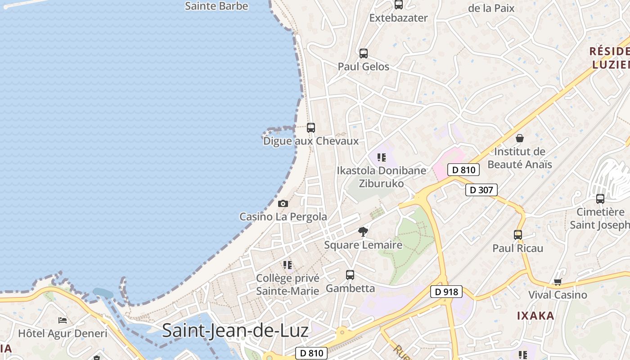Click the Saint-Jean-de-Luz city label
[x=235, y=331]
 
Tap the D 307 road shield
[x=481, y=190]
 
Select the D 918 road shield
[x=446, y=292]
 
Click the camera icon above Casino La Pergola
[x=283, y=204]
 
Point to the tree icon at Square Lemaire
[x=363, y=232]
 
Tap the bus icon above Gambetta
[x=350, y=274]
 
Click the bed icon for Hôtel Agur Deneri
[x=63, y=320]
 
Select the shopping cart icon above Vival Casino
[x=558, y=282]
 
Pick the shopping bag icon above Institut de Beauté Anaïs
[x=520, y=138]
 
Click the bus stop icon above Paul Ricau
[x=517, y=234]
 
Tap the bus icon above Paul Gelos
[x=364, y=53]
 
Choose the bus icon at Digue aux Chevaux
[x=310, y=127]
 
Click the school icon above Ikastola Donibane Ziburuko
[x=382, y=157]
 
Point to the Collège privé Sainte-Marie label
[x=288, y=284]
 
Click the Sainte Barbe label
[x=216, y=6]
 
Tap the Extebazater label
[x=398, y=18]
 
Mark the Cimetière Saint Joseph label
[x=600, y=218]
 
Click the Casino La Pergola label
[x=283, y=216]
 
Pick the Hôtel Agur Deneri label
[x=63, y=333]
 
